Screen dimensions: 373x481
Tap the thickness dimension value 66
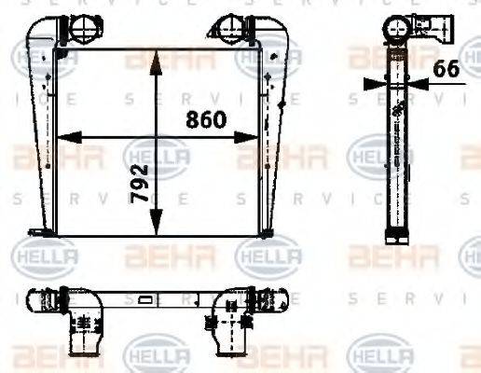point(447,68)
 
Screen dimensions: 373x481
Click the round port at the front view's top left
point(77,27)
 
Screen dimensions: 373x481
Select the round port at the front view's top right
point(230,27)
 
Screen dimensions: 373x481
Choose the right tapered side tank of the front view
point(274,131)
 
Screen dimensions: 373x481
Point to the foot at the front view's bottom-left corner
point(37,231)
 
